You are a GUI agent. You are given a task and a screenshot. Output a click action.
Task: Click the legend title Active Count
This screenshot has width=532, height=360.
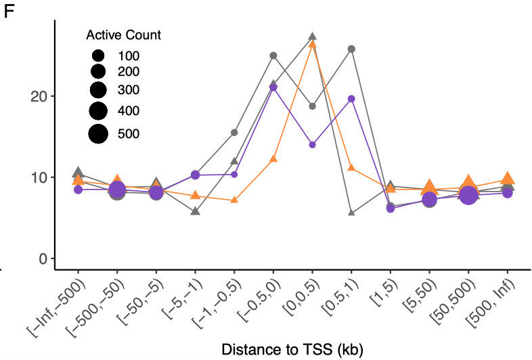pyautogui.click(x=123, y=35)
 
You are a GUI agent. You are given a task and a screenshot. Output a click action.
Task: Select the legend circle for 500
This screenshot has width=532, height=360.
pyautogui.click(x=98, y=133)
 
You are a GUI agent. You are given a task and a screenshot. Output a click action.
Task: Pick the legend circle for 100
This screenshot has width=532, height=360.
pyautogui.click(x=98, y=55)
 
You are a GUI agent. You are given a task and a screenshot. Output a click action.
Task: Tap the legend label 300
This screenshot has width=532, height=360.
pyautogui.click(x=129, y=90)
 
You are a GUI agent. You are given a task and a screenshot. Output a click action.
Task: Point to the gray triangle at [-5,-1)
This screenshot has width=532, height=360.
pyautogui.click(x=195, y=211)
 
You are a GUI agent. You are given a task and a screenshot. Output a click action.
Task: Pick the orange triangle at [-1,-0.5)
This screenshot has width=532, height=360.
pyautogui.click(x=234, y=200)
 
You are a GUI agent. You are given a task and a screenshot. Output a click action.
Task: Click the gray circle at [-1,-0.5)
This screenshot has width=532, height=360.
pyautogui.click(x=234, y=133)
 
